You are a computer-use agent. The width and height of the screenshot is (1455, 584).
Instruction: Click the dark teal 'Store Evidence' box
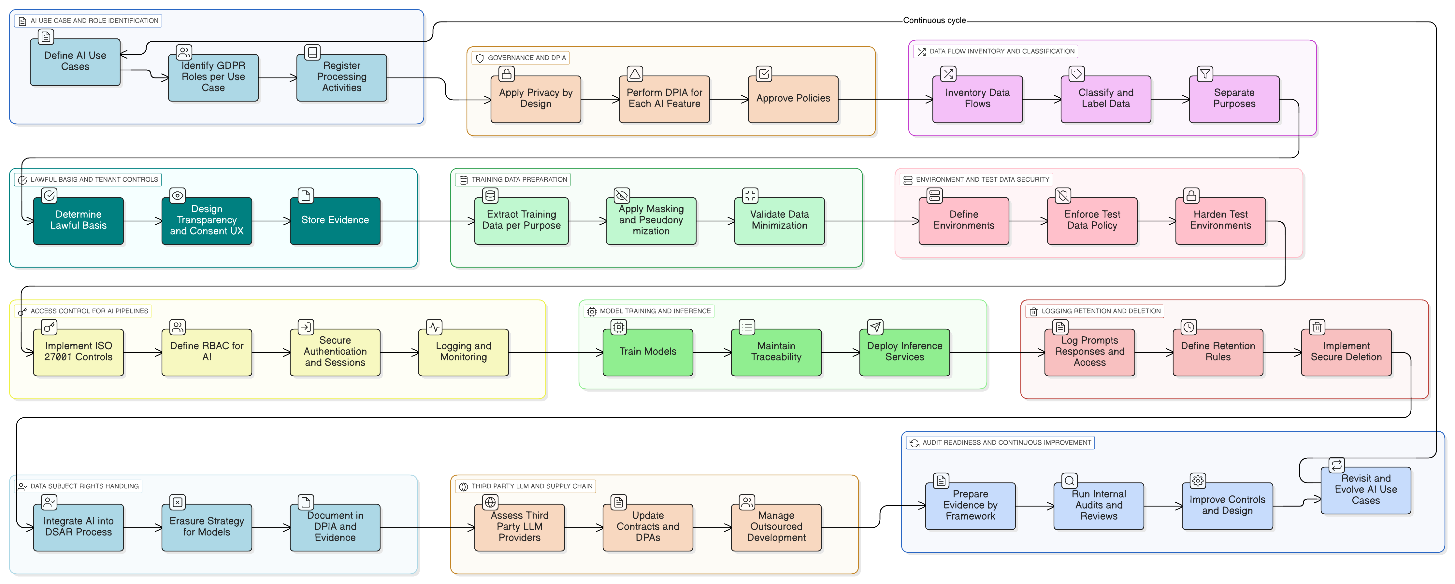pos(335,221)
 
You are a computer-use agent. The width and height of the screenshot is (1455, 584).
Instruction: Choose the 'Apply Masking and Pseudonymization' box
pos(651,221)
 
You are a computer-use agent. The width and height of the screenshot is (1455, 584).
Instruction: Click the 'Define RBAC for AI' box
pos(207,352)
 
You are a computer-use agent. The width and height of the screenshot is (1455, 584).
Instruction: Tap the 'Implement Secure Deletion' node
pos(1346,352)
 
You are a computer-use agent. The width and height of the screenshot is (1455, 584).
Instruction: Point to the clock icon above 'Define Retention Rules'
pos(1188,327)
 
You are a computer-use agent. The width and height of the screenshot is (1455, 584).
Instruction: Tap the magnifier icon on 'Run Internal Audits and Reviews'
pos(1069,481)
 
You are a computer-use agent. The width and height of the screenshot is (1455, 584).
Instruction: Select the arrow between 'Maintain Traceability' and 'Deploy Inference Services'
pos(841,353)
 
